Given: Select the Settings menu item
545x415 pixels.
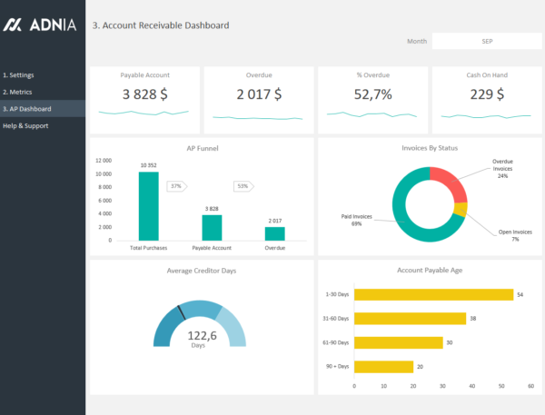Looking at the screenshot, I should pyautogui.click(x=19, y=74).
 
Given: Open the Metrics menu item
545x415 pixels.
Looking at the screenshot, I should pyautogui.click(x=18, y=92).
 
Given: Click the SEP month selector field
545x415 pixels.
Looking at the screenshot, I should pyautogui.click(x=487, y=41).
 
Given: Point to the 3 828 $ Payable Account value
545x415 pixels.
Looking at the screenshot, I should pyautogui.click(x=144, y=94).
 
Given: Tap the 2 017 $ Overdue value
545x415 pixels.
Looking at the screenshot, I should pyautogui.click(x=258, y=94).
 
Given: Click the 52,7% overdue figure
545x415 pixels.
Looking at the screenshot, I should pyautogui.click(x=372, y=94).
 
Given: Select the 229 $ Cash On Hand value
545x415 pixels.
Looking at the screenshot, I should pyautogui.click(x=486, y=94).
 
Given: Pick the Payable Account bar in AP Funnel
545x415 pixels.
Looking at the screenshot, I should pyautogui.click(x=212, y=227).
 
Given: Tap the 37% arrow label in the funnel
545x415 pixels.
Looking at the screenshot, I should pyautogui.click(x=176, y=186).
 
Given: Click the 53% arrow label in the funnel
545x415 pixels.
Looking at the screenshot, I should pyautogui.click(x=243, y=186).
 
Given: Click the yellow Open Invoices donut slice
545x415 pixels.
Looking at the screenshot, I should pyautogui.click(x=461, y=210).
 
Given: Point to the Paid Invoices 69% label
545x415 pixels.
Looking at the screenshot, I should pyautogui.click(x=358, y=220).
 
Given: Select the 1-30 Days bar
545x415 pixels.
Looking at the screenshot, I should pyautogui.click(x=432, y=294).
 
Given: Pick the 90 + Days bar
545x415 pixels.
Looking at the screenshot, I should pyautogui.click(x=382, y=366).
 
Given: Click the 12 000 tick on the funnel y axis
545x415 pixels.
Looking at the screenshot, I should pyautogui.click(x=104, y=160).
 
